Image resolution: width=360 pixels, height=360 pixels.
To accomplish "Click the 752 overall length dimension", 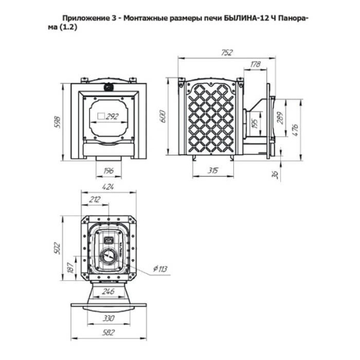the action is (227, 53).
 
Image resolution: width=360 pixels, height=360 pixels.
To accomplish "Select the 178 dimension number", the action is (256, 64).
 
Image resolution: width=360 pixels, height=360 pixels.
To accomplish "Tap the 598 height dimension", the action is (58, 122).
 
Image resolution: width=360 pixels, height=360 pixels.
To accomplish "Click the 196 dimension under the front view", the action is (109, 170).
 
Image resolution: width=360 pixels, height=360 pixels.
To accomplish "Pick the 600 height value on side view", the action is (163, 116).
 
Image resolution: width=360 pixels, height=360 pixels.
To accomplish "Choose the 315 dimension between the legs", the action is (212, 170).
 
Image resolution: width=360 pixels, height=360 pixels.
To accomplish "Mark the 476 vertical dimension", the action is (295, 130).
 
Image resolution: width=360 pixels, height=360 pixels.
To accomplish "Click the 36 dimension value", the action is (276, 175).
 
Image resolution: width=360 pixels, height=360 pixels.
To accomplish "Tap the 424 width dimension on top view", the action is (108, 187).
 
